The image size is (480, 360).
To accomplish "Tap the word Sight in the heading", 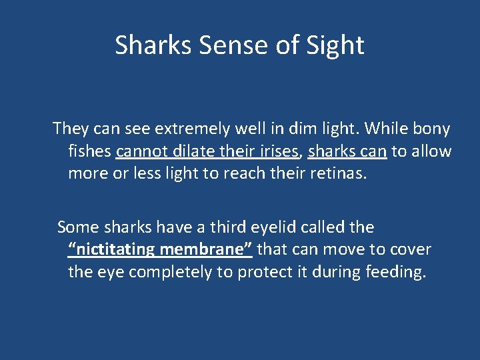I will point(335,45).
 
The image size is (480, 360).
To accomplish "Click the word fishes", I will point(89,151).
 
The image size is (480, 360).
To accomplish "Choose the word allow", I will point(431,151).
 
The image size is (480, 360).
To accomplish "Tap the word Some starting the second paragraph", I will point(77,227).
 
